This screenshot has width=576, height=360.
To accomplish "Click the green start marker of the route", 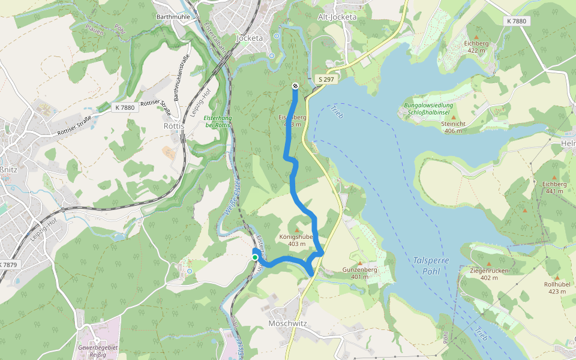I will click(x=255, y=257).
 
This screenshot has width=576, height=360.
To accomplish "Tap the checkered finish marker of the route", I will click(x=295, y=86).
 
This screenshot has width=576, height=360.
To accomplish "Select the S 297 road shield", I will click(x=325, y=79).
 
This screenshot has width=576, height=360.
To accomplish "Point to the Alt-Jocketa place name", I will click(x=337, y=17).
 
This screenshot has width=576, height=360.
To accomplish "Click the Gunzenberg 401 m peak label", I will click(x=360, y=273).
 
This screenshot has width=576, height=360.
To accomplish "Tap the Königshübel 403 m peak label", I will click(x=297, y=240).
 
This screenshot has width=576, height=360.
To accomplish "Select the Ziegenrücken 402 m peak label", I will click(x=489, y=274).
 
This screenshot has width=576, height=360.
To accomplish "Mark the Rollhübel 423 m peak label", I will click(x=557, y=287).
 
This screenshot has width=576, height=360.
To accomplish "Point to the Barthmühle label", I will click(x=173, y=17).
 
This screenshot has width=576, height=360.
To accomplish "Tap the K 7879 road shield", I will click(x=8, y=265).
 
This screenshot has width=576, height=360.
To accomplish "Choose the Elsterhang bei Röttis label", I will click(x=217, y=121).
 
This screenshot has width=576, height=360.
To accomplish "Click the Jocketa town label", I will click(x=250, y=38).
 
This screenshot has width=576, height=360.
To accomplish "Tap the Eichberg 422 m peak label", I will click(x=476, y=47).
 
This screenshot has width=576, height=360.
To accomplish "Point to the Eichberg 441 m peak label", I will click(x=554, y=187).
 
